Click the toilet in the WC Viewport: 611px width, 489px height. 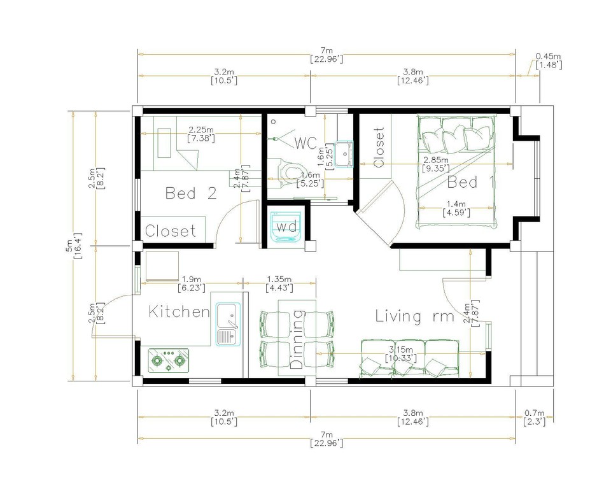(291, 171)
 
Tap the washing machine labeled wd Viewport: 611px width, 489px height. (285, 227)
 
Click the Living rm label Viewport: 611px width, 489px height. (414, 316)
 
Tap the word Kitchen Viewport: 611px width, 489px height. (179, 312)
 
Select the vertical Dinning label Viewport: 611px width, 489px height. (297, 341)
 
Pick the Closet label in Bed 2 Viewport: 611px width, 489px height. (171, 231)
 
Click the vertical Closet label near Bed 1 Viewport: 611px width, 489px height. (379, 148)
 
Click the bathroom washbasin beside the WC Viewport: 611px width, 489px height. (344, 153)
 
